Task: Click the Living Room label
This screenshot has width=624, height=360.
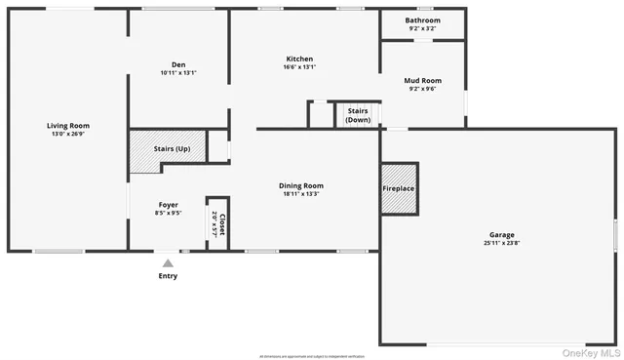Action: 68,125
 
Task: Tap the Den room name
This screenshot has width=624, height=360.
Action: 178,64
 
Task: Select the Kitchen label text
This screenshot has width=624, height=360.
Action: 299,59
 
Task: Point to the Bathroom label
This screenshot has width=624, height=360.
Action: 422,20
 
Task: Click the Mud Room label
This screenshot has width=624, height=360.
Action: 422,81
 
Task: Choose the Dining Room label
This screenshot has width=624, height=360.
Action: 300,185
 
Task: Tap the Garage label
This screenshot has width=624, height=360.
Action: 502,235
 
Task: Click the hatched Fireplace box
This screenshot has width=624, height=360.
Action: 398,189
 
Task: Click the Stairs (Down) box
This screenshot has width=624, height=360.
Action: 357,115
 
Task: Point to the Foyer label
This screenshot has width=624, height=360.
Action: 169,205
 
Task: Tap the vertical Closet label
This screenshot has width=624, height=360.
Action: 221,225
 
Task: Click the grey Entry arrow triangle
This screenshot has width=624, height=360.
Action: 168,262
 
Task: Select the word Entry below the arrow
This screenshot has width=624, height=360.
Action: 168,276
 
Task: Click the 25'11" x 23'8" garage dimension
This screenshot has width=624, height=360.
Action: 502,243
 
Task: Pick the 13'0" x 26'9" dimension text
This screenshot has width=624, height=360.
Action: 68,134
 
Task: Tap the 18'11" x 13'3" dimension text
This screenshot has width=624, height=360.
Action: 300,193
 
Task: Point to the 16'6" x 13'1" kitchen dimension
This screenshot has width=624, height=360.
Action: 299,66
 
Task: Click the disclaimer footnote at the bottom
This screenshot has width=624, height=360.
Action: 312,356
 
